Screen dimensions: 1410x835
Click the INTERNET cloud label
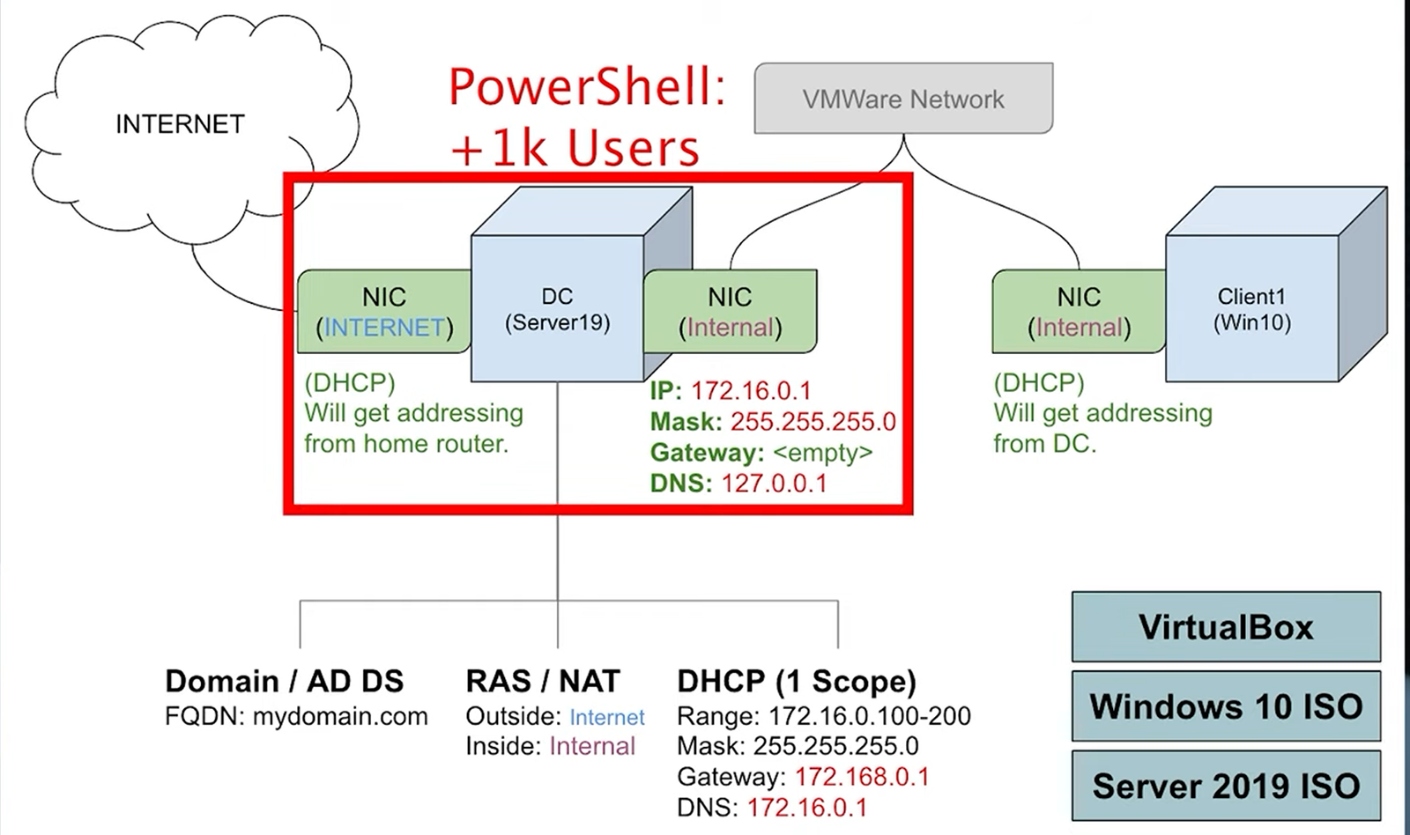[x=180, y=124]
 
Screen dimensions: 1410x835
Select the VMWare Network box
[x=903, y=98]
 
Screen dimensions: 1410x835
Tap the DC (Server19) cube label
[x=557, y=309]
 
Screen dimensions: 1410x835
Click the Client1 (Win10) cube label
[x=1252, y=309]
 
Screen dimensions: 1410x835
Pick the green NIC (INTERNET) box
[x=384, y=312]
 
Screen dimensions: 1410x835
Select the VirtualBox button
[x=1226, y=627]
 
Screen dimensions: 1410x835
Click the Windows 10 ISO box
[x=1226, y=706]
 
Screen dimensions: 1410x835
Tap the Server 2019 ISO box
[x=1226, y=786]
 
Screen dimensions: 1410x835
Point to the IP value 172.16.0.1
[x=751, y=391]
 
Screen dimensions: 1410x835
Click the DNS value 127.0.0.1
[x=774, y=484]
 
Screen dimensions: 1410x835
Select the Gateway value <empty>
[x=823, y=453]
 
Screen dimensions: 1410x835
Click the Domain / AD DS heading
[x=285, y=681]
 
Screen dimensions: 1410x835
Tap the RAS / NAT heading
[x=543, y=681]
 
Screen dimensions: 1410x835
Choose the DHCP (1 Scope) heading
[x=797, y=682]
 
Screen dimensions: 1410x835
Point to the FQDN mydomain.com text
[x=296, y=716]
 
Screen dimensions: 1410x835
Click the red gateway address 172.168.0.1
[x=862, y=777]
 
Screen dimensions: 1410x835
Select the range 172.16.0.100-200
[x=870, y=715]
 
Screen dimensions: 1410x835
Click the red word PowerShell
[x=588, y=87]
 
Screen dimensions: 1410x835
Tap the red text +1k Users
[x=575, y=149]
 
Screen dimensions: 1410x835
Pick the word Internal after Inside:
[x=592, y=746]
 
